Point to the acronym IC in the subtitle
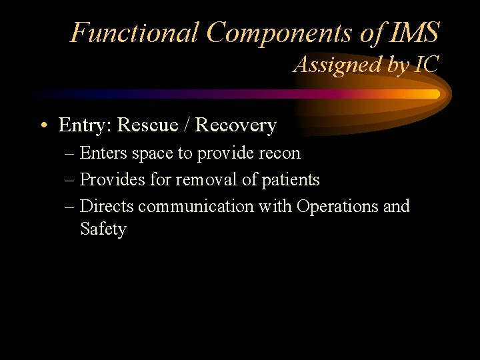click(x=427, y=65)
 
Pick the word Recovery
click(x=235, y=125)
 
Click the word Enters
click(x=103, y=153)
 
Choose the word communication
click(x=197, y=207)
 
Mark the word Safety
click(x=103, y=229)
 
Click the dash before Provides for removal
click(x=70, y=180)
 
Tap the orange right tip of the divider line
click(x=436, y=94)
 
